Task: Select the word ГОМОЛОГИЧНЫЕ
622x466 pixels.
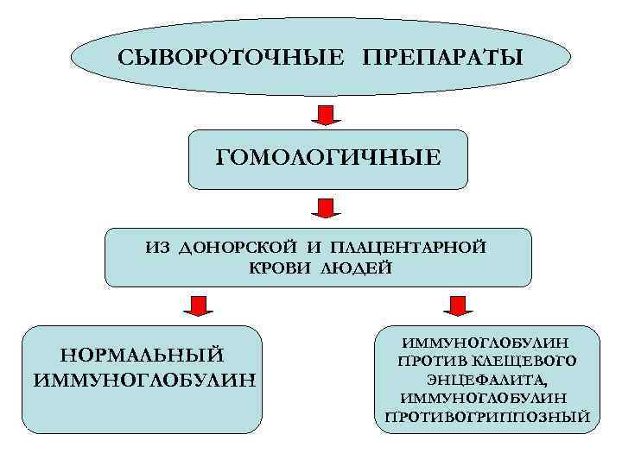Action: coord(328,158)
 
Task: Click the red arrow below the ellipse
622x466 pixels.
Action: coord(327,114)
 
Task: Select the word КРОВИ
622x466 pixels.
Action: coord(280,268)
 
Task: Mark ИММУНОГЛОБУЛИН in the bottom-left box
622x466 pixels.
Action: coord(143,378)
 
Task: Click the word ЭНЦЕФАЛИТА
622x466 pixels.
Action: coord(486,380)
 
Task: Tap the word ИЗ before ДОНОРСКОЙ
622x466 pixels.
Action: coord(158,249)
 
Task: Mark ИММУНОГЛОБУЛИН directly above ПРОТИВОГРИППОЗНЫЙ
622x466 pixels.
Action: coord(485,399)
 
